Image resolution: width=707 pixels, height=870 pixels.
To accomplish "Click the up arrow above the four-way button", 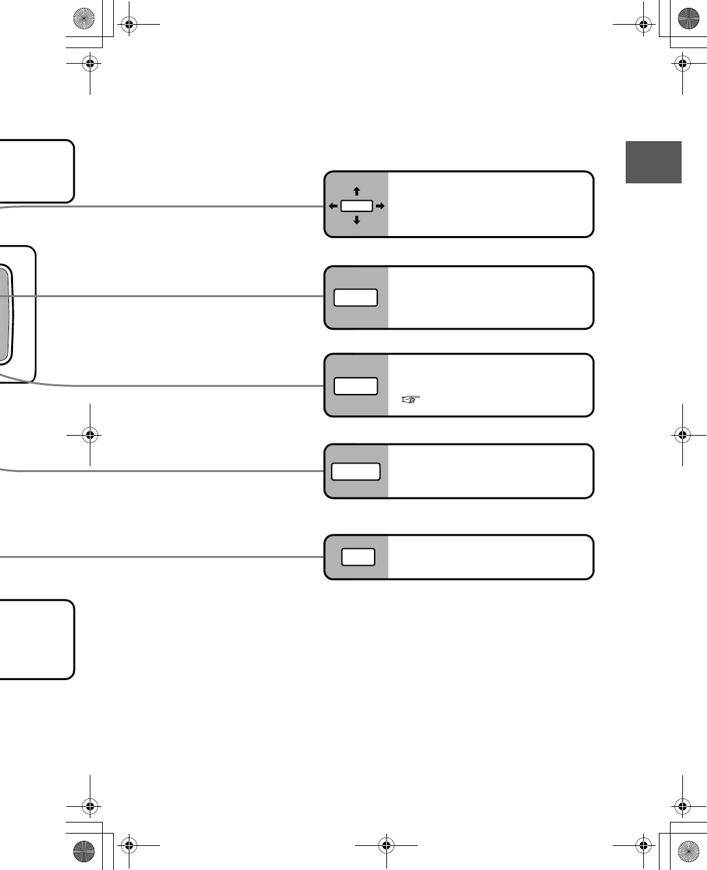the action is pos(356,191).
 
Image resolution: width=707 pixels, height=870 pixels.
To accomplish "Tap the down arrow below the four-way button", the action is pos(356,220).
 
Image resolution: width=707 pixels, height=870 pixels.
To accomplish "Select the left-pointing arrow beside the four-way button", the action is pos(333,206).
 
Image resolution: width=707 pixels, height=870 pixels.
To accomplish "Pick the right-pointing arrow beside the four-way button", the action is pos(380,206).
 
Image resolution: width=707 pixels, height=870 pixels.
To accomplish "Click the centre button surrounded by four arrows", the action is pos(356,206).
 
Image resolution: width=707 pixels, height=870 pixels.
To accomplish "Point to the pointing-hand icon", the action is pos(411,399).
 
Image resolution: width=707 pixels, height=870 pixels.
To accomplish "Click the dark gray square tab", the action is pos(653,162).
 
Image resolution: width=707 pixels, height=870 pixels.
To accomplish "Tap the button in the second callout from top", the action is pos(356,298).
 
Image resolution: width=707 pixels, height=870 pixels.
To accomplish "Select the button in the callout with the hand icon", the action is pos(356,386).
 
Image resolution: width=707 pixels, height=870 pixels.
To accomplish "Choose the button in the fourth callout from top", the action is pos(356,471).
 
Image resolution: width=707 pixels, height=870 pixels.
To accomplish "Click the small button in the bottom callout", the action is pos(358,557).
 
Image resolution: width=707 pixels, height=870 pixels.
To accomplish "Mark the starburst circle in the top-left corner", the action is pos(84,19).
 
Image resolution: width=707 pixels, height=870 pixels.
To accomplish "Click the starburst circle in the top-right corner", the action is pos(689,19).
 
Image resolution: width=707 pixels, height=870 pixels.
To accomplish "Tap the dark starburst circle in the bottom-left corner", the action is pos(84,851).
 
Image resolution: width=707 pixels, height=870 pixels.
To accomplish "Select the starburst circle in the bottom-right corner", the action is pos(689,851).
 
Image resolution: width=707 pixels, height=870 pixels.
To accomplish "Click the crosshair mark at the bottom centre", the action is pos(386,845).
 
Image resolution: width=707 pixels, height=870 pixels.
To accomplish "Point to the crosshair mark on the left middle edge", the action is pos(90,434).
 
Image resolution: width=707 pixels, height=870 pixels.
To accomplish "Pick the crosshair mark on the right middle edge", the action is pos(682,434).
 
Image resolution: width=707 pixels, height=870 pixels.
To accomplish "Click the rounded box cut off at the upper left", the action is pos(36,171).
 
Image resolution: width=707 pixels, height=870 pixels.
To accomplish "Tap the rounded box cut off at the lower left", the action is pos(36,639).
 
